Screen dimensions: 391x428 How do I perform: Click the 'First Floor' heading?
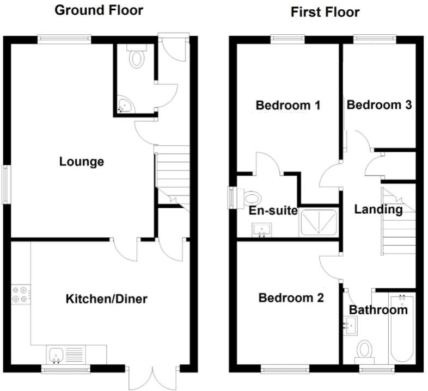coord(326,11)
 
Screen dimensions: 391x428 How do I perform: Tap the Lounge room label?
coord(82,162)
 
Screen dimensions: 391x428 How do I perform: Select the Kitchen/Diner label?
coord(107,299)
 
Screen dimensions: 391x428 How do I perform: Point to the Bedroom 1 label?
coord(288,105)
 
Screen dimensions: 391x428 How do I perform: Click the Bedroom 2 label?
coord(291,297)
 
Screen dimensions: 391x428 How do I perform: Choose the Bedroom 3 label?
coord(379,105)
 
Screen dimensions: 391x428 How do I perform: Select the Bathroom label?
coord(378,310)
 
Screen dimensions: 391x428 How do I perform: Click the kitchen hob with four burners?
coord(21,294)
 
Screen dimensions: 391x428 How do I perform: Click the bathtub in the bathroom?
coord(402,328)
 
